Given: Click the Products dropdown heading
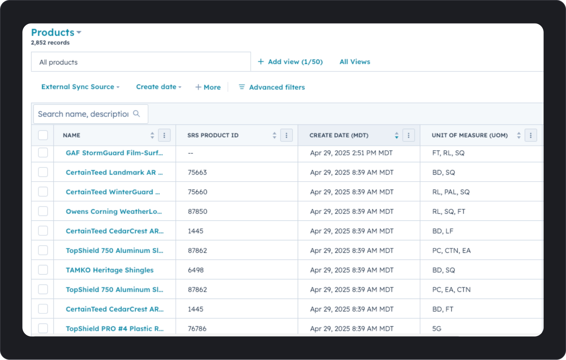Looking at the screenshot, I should coord(56,33).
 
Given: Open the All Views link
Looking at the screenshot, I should coord(355,62).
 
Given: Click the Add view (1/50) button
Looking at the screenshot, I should coord(290,62).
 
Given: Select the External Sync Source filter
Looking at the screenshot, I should coord(80,87).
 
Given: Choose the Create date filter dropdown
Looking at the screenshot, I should coord(158,87).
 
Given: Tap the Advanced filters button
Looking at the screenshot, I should coord(272,87).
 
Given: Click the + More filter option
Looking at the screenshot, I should coord(208,87).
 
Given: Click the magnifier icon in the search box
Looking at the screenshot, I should coord(137,114).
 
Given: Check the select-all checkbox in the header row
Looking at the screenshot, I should coord(43,135).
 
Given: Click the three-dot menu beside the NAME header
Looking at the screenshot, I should coord(164,135).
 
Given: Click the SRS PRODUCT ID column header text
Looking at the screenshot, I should coord(213,135).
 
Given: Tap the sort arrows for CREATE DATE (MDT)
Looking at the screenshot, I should coord(397,135).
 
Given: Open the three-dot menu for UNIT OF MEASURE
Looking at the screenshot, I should coord(531,135).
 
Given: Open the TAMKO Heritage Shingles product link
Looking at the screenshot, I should coord(110,270).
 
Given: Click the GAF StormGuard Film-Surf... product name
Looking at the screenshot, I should coord(114,153).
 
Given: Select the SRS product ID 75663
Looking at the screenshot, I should coord(197,172).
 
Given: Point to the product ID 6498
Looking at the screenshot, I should coord(196,270).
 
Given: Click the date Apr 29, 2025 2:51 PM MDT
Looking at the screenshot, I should coord(351,153).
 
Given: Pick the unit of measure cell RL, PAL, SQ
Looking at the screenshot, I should coord(451,192).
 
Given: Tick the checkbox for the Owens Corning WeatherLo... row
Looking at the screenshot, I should coord(43,211).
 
